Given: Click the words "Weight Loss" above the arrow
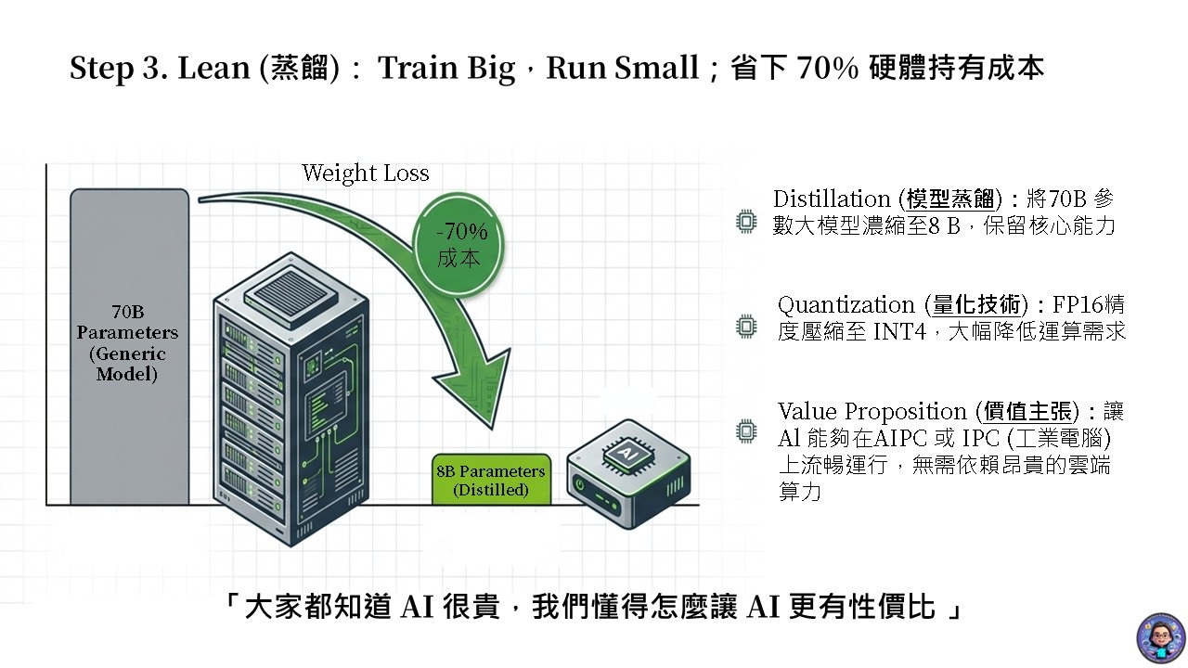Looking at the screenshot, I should pyautogui.click(x=366, y=173).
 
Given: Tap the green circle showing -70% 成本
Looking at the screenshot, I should pyautogui.click(x=461, y=244).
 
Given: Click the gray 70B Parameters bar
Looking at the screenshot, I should pyautogui.click(x=128, y=343).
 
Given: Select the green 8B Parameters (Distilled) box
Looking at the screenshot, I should pyautogui.click(x=491, y=480).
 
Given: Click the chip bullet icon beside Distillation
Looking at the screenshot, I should pyautogui.click(x=745, y=222).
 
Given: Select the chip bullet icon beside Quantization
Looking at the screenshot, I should pyautogui.click(x=745, y=326).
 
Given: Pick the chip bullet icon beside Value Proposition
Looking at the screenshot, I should pyautogui.click(x=745, y=430).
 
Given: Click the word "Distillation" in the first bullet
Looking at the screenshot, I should pyautogui.click(x=832, y=199).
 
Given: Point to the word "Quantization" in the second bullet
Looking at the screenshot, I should pyautogui.click(x=846, y=305).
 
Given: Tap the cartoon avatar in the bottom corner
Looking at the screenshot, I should pyautogui.click(x=1160, y=637).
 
